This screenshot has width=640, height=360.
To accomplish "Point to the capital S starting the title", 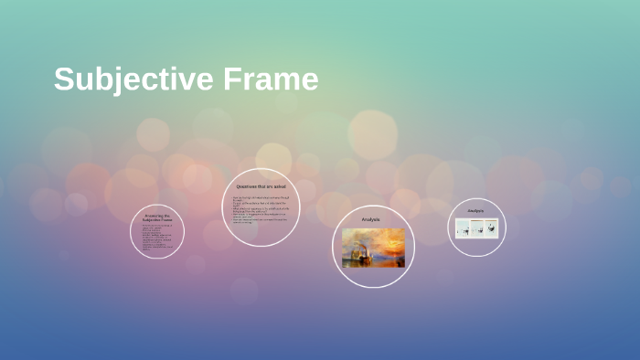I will (63, 79).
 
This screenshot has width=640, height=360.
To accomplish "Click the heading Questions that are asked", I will (261, 186).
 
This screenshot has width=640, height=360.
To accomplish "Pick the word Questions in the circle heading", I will (250, 186).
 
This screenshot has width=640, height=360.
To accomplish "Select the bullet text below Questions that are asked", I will (260, 209).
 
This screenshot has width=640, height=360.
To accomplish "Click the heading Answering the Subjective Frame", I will (156, 218).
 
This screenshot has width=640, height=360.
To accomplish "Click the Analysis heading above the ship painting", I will (370, 219).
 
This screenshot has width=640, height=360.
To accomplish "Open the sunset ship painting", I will (373, 248).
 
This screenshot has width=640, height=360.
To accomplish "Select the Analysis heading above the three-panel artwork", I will (475, 211).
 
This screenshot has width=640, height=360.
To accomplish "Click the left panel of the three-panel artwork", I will (463, 228).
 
